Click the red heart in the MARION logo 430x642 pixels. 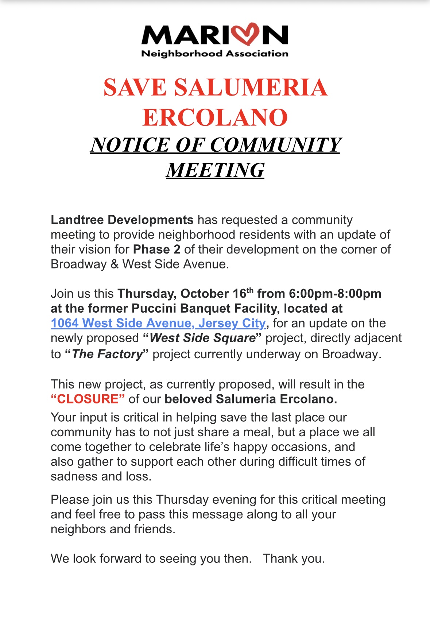point(248,34)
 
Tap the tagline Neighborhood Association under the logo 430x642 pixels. point(215,54)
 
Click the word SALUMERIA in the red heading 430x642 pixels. point(251,88)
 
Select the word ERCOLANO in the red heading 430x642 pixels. point(215,117)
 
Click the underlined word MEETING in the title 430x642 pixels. point(215,170)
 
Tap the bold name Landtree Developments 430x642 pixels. point(122,220)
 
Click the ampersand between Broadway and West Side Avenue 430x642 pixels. point(115,264)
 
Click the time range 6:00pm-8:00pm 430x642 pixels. point(335,294)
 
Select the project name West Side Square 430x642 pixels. point(203,338)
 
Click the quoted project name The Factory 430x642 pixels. point(107,354)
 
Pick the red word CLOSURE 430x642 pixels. point(88,399)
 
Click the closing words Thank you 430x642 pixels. point(294,558)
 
